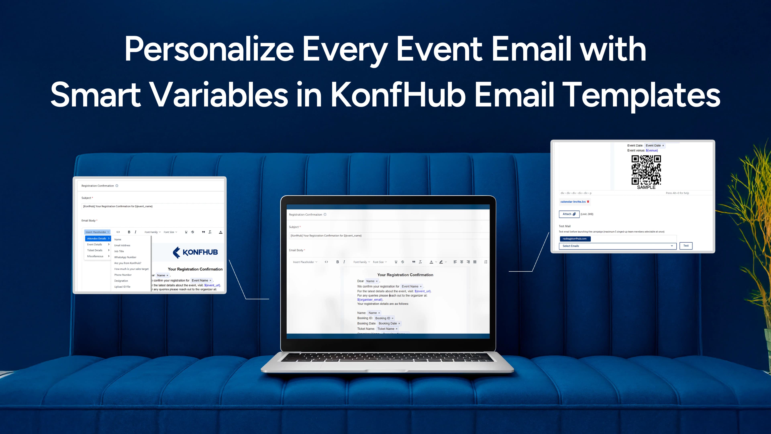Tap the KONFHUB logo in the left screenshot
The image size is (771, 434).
195,252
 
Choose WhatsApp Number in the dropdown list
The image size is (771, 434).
125,257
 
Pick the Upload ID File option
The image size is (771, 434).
122,287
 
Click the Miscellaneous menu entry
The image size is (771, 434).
95,256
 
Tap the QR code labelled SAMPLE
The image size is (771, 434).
646,170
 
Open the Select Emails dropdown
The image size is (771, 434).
617,246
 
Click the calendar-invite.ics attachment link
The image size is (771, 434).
573,202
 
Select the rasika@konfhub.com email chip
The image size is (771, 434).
575,239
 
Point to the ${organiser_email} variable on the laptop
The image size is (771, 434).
370,300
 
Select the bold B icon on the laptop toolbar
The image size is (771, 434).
337,262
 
